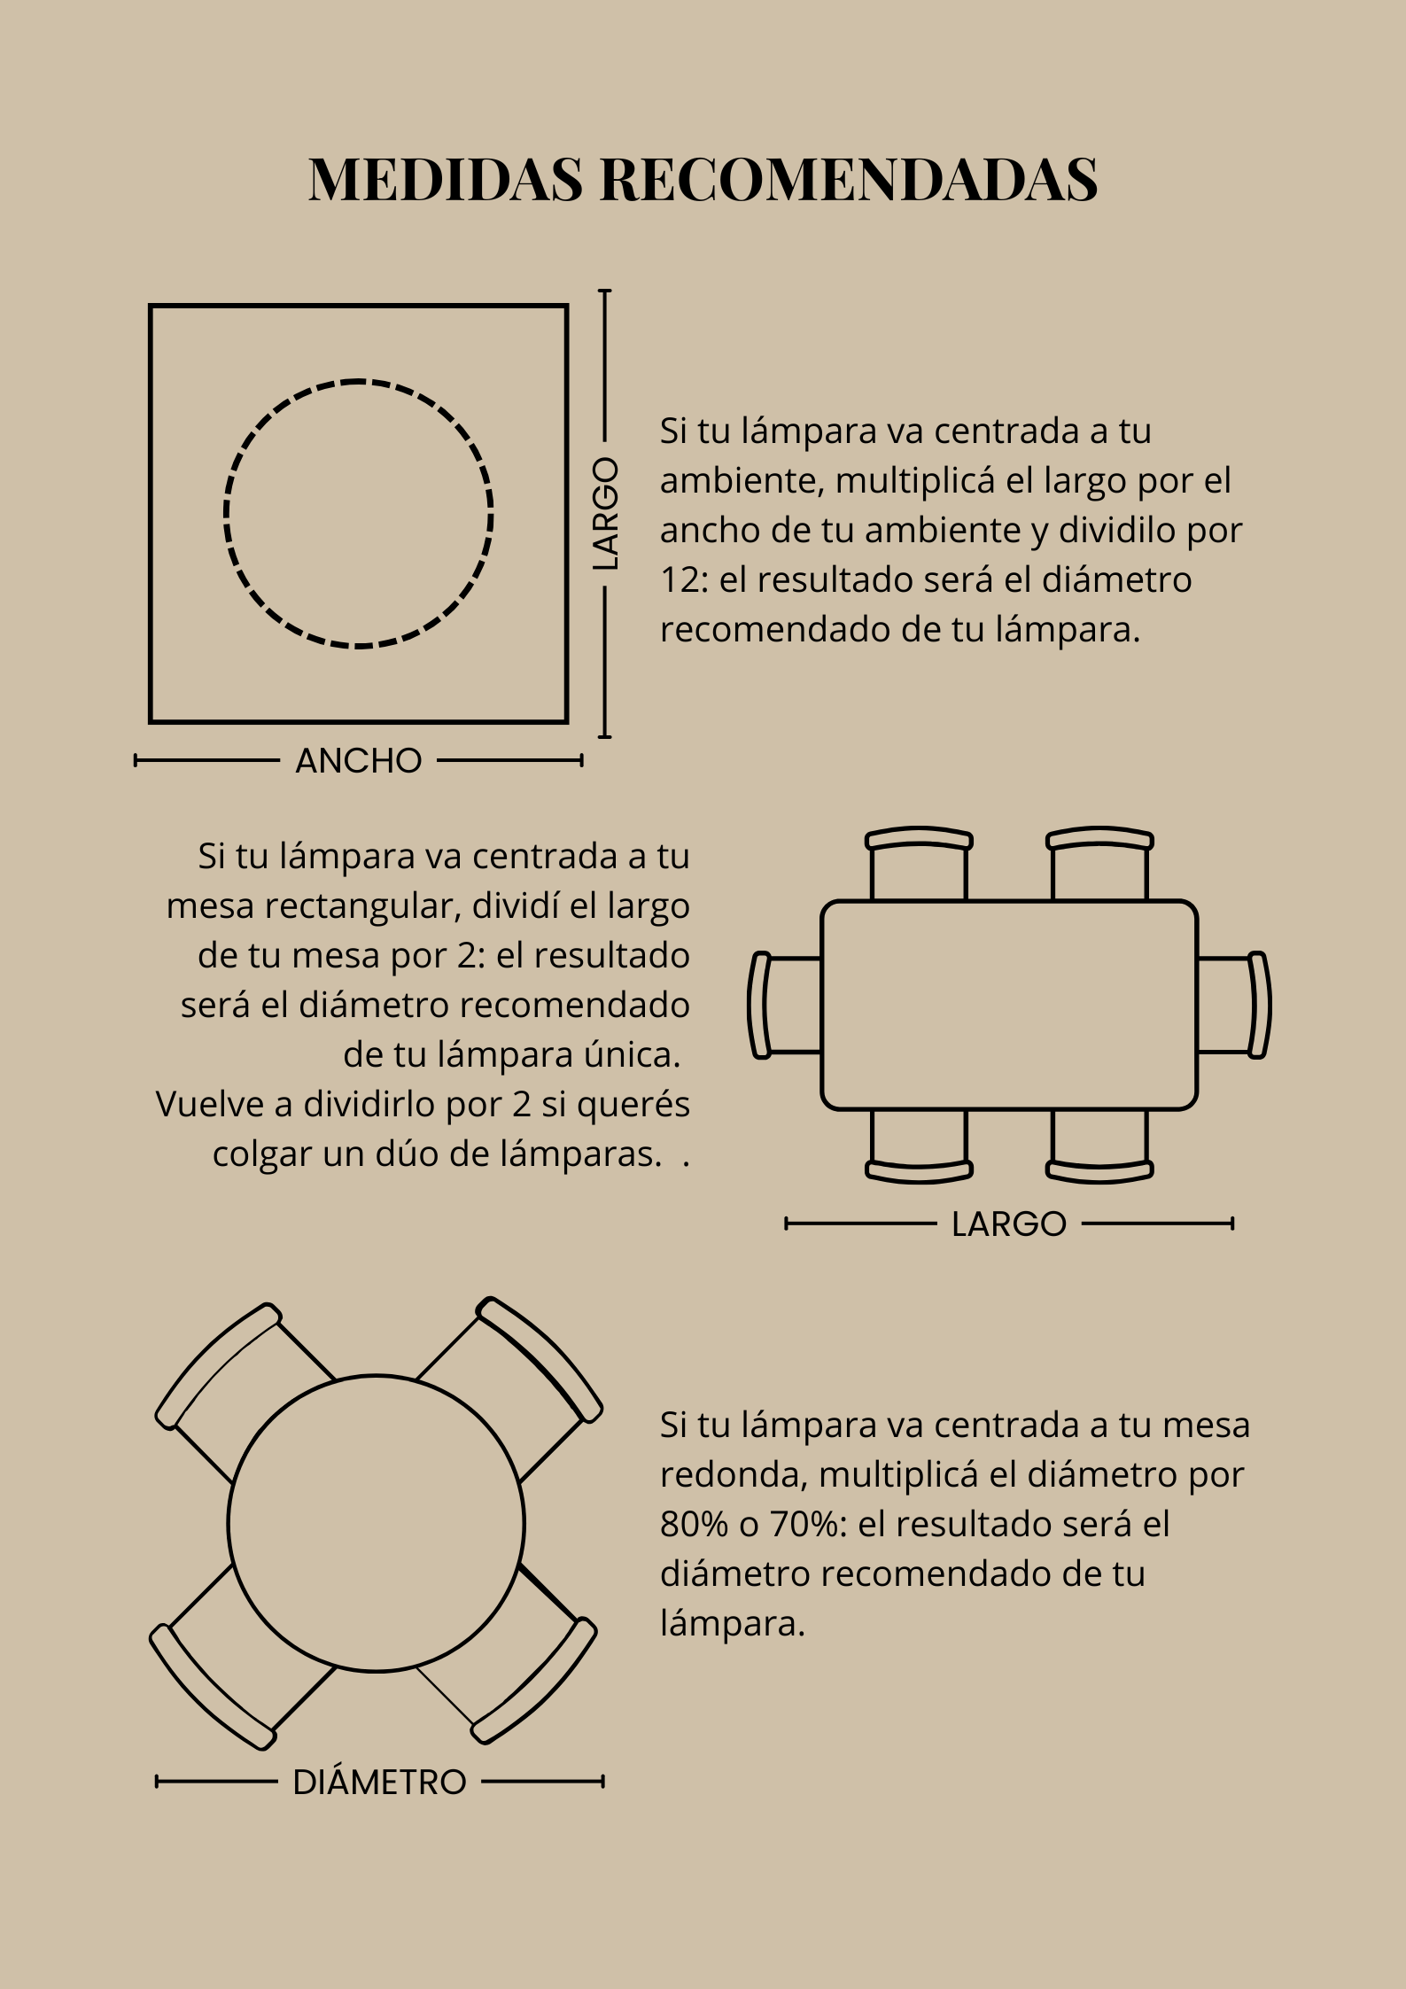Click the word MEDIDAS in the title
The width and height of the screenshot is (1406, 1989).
point(446,179)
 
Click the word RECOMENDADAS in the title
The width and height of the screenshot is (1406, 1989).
point(850,179)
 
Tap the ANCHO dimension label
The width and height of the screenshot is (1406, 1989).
point(359,761)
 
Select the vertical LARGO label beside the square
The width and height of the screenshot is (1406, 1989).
point(606,514)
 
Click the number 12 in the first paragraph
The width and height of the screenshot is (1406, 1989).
point(678,580)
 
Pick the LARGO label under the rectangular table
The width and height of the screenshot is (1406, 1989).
point(1009,1224)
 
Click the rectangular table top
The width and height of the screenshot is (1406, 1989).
point(1009,1005)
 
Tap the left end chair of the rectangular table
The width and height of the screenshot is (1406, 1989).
point(785,1005)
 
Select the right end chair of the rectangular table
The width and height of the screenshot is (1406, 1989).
point(1234,1005)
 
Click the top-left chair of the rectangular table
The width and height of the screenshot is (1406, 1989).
point(919,864)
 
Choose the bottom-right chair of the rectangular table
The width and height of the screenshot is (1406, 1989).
point(1099,1146)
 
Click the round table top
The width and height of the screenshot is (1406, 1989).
point(377,1525)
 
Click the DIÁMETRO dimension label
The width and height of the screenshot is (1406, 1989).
point(379,1782)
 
